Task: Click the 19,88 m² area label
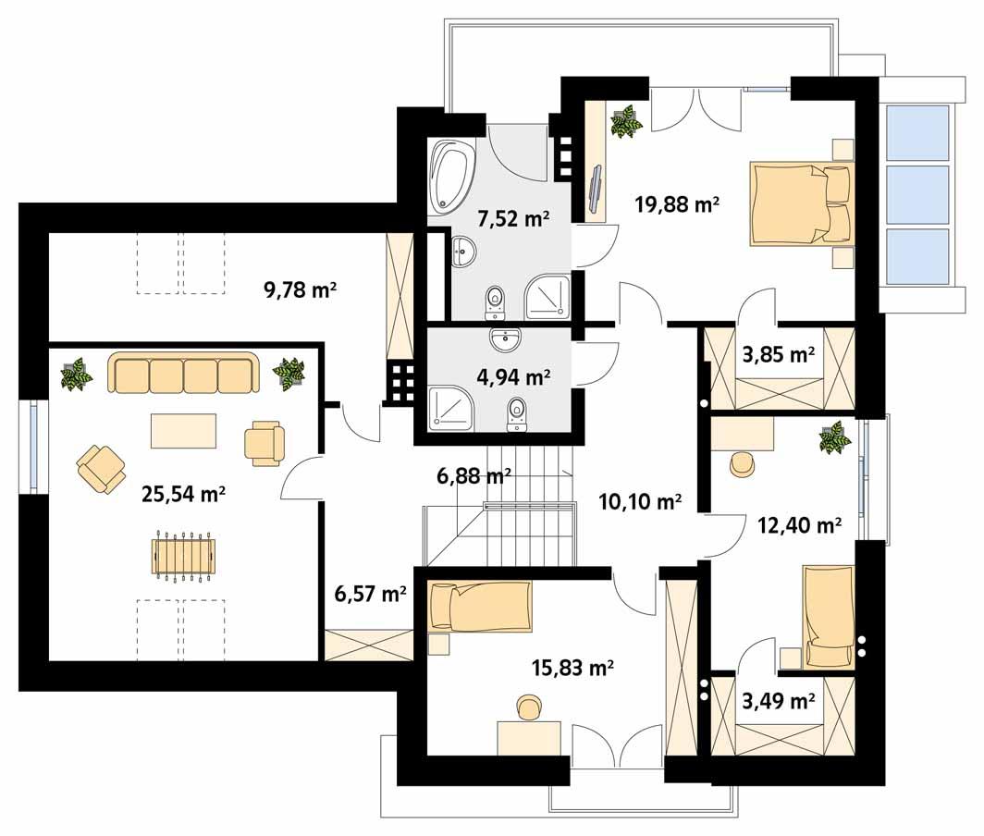tap(677, 204)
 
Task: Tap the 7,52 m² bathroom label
tap(513, 219)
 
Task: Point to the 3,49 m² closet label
tap(778, 701)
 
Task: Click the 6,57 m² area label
tap(370, 594)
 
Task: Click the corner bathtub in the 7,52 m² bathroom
tap(451, 174)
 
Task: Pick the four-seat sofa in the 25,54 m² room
tap(182, 375)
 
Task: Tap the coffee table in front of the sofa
tap(184, 430)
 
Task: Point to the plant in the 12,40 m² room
tap(835, 437)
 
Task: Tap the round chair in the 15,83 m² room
tap(529, 708)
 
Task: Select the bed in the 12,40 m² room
tap(828, 616)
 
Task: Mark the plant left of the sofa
tap(77, 375)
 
